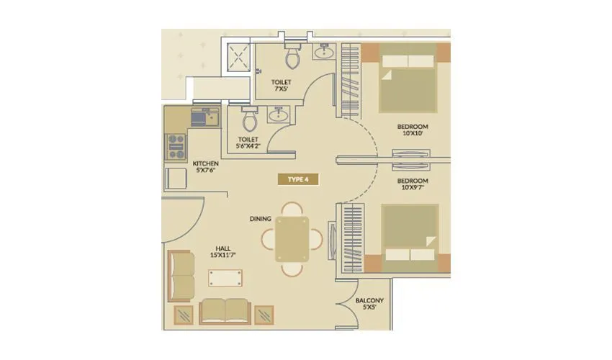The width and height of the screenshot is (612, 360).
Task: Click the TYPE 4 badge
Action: pos(297,181)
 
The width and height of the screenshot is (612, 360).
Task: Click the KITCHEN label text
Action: pos(205,163)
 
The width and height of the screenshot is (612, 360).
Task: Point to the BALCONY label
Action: pos(369,301)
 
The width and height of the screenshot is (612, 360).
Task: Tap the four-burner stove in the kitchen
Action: pos(177,146)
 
